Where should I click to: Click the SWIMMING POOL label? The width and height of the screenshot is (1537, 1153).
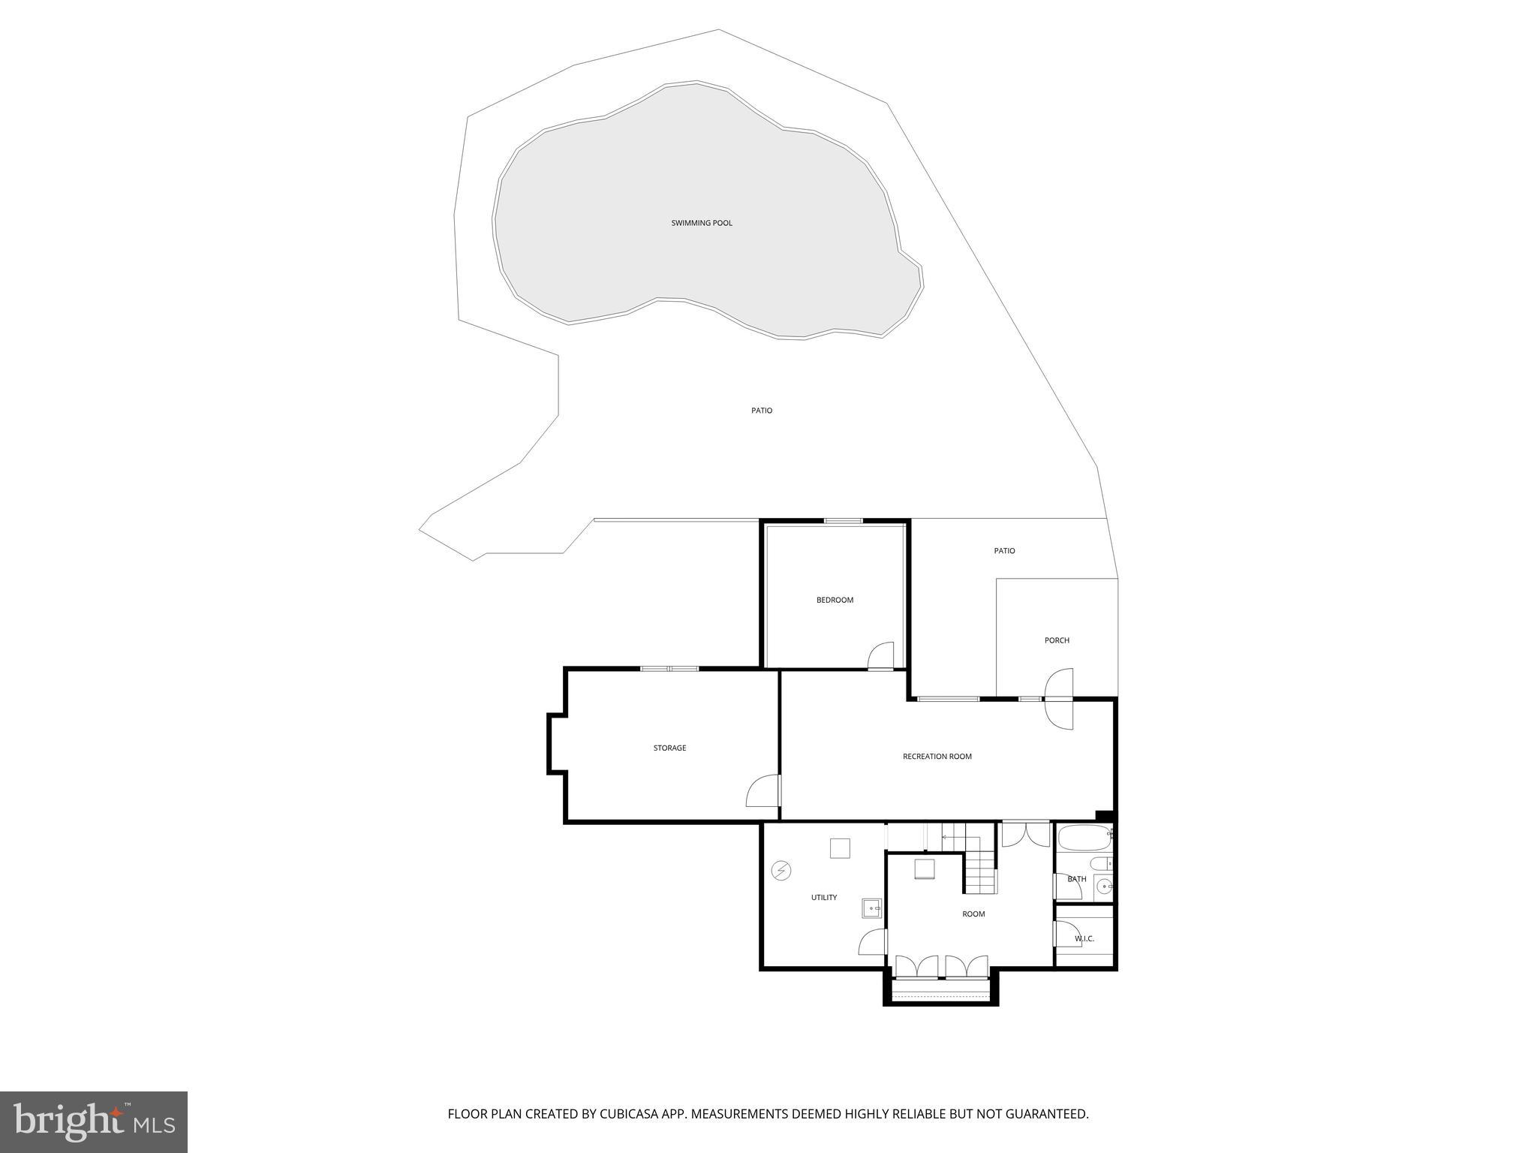(x=702, y=223)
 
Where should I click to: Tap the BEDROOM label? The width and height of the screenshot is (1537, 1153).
(x=835, y=600)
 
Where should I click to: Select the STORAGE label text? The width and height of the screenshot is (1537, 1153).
(x=669, y=748)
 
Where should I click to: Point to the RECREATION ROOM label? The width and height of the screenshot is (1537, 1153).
(x=937, y=757)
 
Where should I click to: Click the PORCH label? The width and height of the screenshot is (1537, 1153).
(x=1057, y=640)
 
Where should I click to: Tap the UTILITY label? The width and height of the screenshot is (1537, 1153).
(x=823, y=898)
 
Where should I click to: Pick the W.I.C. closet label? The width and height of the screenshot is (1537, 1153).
(x=1084, y=939)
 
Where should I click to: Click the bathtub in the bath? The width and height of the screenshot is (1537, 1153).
(x=1083, y=837)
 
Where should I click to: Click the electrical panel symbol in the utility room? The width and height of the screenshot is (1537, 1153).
(x=781, y=871)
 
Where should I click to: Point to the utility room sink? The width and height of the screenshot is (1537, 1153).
(x=871, y=908)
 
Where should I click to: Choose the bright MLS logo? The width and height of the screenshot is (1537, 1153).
(x=94, y=1122)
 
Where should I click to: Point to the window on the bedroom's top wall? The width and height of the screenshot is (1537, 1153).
(x=843, y=521)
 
